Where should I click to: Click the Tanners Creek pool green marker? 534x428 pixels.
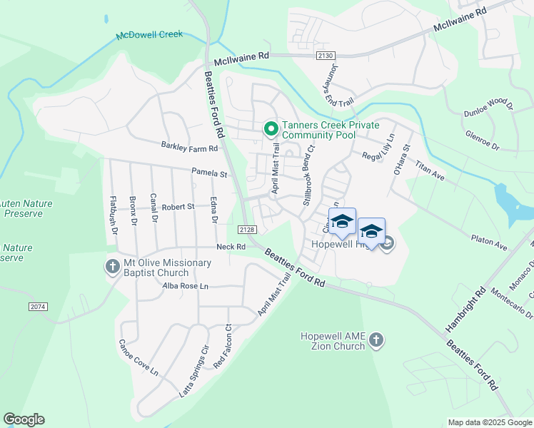(271, 129)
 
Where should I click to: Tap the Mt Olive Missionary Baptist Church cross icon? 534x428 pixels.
(112, 267)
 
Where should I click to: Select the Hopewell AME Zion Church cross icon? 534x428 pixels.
(377, 340)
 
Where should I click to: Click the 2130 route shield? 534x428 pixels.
(326, 55)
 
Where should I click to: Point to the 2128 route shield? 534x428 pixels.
(247, 229)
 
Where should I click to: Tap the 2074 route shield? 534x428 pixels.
(39, 307)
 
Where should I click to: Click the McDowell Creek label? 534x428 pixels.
(150, 34)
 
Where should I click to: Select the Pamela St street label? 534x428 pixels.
(208, 173)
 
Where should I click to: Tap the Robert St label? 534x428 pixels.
(178, 207)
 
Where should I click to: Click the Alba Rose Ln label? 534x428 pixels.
(185, 285)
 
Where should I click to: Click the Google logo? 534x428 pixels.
(24, 419)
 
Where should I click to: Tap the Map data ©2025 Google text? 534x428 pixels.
(489, 422)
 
